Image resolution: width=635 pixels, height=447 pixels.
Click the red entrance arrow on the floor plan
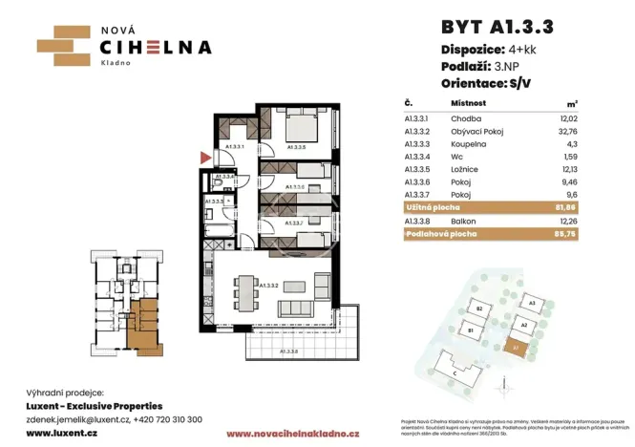tap(203, 157)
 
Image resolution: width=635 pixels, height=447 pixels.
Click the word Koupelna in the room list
tap(470, 144)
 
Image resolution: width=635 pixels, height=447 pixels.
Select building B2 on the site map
tap(481, 310)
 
